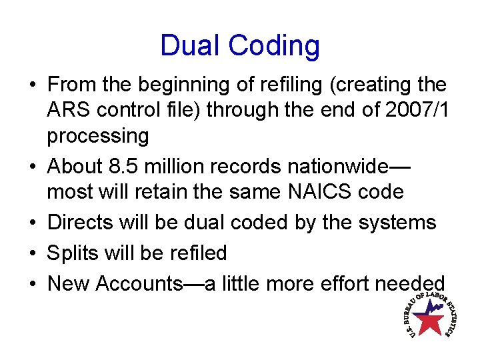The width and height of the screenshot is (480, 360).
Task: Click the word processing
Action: (x=97, y=137)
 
